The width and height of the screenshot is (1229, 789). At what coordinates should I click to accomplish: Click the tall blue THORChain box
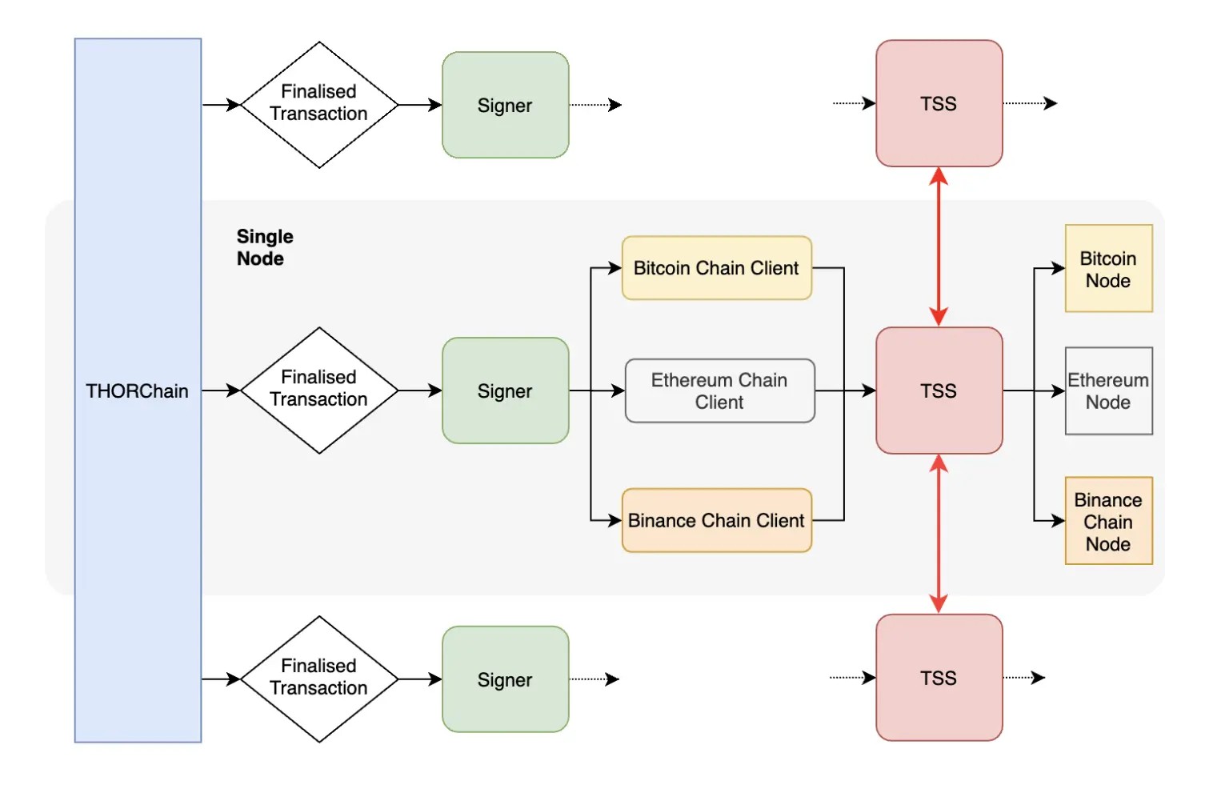138,390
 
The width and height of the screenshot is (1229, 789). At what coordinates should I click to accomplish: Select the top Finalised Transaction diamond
318,104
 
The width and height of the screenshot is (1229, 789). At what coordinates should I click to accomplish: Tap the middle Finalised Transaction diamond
318,390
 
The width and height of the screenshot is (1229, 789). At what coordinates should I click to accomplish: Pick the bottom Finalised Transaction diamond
318,678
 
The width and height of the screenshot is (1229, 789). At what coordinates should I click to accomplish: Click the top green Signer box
505,105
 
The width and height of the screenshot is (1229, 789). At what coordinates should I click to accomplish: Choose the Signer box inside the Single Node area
505,390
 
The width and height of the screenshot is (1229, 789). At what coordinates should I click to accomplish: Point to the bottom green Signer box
505,679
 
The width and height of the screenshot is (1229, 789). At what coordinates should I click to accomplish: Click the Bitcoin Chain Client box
716,268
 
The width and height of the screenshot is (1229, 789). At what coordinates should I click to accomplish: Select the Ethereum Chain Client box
719,390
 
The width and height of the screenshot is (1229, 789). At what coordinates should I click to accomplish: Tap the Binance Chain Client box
716,520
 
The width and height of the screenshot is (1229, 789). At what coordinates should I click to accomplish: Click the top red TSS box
939,103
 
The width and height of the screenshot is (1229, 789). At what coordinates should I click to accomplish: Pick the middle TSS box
939,390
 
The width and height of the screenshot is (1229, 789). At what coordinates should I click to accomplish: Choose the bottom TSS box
939,677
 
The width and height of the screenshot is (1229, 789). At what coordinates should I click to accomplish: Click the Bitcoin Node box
1108,269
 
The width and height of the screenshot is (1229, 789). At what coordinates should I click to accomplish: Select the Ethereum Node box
1108,390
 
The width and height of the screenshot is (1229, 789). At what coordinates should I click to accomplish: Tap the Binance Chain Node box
1108,521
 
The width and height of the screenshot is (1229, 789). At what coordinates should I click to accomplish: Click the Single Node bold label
264,247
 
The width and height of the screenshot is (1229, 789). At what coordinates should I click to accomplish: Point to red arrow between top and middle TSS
939,246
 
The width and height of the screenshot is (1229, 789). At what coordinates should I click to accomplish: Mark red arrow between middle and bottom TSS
939,534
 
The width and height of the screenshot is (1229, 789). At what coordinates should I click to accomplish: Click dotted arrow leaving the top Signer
595,104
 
